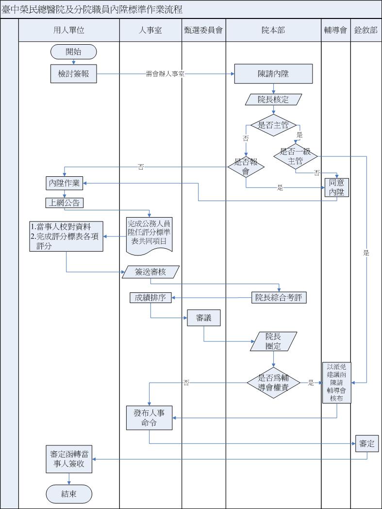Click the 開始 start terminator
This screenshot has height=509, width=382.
click(x=73, y=51)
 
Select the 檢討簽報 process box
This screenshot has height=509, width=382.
click(x=73, y=74)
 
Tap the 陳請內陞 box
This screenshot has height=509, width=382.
click(x=273, y=74)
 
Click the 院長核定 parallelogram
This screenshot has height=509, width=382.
click(x=273, y=100)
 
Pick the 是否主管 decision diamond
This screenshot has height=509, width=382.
click(x=273, y=125)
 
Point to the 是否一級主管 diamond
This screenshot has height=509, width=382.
click(x=295, y=155)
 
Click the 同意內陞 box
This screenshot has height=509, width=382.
click(x=337, y=187)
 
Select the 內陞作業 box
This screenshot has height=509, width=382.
click(x=65, y=184)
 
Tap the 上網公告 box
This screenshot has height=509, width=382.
click(x=65, y=203)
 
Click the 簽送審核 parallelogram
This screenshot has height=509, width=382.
click(x=150, y=272)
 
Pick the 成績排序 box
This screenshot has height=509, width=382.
click(x=150, y=298)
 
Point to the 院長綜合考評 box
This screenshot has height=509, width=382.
click(x=279, y=298)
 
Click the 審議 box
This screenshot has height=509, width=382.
click(x=203, y=318)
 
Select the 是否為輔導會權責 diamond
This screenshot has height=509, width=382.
click(x=273, y=383)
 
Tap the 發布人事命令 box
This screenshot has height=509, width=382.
click(x=149, y=418)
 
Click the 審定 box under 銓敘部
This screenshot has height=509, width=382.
click(x=366, y=443)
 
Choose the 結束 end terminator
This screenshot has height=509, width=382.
click(x=69, y=494)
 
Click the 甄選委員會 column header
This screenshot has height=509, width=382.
click(x=203, y=30)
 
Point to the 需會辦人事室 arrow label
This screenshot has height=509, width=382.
click(x=165, y=74)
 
